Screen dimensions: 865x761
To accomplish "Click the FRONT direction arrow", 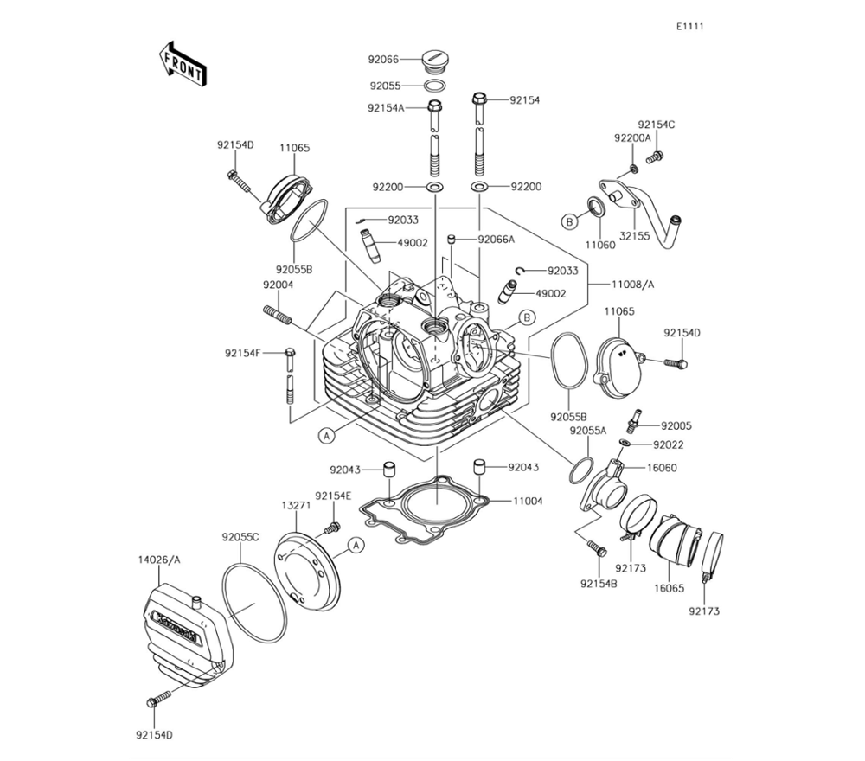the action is click(183, 63).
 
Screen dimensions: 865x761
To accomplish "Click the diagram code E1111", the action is click(690, 27).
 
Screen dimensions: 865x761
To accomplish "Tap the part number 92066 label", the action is click(383, 59).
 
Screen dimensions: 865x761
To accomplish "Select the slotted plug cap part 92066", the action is click(436, 61).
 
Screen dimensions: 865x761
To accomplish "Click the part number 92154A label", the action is click(386, 108).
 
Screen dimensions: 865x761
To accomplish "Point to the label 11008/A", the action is click(633, 285).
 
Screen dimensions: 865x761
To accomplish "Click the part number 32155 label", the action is click(634, 236).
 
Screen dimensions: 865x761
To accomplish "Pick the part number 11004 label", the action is click(528, 502).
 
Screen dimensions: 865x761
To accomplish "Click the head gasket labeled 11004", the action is click(425, 510).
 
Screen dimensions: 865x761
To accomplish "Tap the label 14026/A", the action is click(159, 560).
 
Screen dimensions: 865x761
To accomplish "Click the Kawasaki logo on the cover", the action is click(176, 628).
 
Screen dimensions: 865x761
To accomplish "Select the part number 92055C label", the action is click(240, 536).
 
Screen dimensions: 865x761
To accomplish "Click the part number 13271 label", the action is click(296, 506).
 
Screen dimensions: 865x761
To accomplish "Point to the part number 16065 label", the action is click(670, 588).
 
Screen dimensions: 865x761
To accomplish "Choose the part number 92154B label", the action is click(599, 584).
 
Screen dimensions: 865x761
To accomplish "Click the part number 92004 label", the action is click(278, 285).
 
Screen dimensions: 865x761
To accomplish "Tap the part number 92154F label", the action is click(243, 353).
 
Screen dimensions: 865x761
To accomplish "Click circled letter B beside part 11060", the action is click(569, 222).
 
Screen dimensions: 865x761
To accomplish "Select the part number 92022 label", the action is click(669, 445).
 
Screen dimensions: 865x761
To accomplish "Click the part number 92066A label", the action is click(497, 240).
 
